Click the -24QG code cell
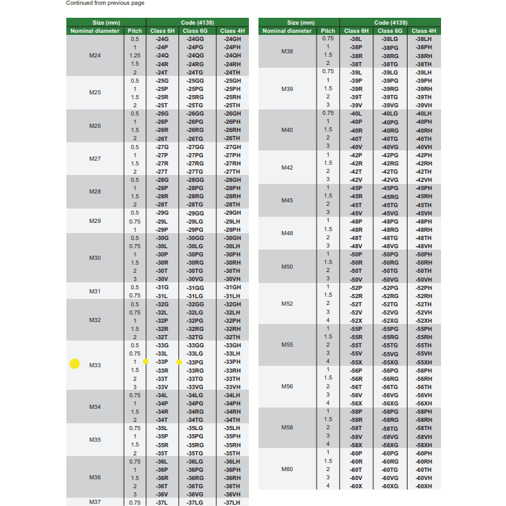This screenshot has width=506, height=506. click(195, 55)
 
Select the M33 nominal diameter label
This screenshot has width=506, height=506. click(95, 366)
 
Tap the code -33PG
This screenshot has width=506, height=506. click(196, 362)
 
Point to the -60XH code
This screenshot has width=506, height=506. click(423, 485)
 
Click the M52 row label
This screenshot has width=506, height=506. click(287, 304)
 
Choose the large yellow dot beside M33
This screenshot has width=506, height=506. click(75, 364)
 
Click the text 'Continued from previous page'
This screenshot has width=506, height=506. click(105, 3)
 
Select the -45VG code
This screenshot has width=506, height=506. click(390, 213)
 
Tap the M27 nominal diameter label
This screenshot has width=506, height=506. click(95, 159)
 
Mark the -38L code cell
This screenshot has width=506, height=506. click(356, 39)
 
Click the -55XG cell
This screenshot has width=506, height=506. click(390, 362)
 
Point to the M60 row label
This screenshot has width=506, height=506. click(287, 469)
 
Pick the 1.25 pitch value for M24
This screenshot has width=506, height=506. click(135, 55)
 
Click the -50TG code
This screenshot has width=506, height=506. click(390, 271)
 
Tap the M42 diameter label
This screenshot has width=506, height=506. click(287, 168)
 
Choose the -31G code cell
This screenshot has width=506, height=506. click(162, 287)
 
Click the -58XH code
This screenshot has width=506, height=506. click(423, 444)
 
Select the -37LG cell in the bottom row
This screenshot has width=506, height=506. click(195, 503)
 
